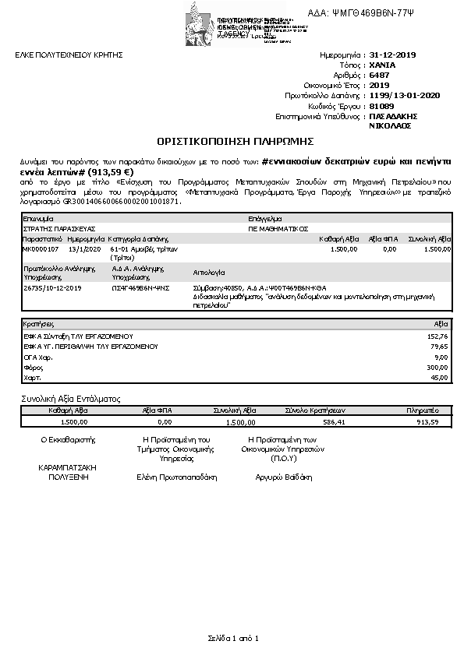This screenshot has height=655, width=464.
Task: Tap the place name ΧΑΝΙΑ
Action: click(x=382, y=65)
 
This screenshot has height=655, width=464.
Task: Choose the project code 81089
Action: click(x=381, y=106)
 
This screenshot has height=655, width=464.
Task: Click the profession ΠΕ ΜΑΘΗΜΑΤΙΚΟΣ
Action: click(x=279, y=229)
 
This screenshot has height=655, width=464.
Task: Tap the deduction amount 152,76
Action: click(x=439, y=336)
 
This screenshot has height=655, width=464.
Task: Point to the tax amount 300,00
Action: click(x=439, y=368)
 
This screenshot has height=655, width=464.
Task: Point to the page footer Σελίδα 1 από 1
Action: click(x=232, y=639)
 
